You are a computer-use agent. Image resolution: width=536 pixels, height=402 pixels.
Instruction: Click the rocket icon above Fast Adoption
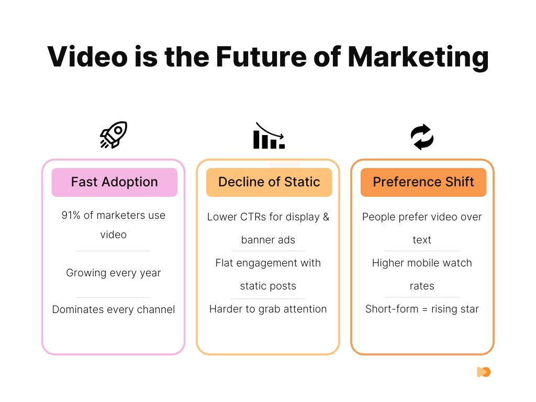[x=114, y=135]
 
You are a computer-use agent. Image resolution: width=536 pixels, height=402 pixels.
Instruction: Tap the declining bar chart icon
[x=269, y=136]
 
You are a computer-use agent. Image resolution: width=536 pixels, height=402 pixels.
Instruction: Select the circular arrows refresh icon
[x=422, y=137]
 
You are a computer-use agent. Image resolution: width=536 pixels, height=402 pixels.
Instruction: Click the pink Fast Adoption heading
[x=114, y=182]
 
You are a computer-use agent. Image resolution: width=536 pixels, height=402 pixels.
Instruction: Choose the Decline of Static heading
[x=269, y=182]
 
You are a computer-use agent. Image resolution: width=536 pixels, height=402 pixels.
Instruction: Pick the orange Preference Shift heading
[x=423, y=182]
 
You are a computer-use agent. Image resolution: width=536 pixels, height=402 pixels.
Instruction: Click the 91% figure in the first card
[x=72, y=215]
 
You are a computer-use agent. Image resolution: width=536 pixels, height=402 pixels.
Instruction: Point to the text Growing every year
[x=114, y=273]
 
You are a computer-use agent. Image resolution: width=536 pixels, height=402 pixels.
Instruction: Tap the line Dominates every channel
[x=114, y=309]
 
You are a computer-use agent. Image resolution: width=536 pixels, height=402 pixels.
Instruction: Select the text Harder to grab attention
[x=268, y=309]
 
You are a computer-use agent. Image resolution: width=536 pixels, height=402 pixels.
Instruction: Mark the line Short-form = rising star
[x=422, y=309]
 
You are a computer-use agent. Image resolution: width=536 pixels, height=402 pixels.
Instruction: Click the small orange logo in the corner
[x=484, y=372]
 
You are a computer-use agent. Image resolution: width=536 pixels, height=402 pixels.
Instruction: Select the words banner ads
[x=268, y=240]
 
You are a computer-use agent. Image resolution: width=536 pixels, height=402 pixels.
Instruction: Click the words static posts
[x=268, y=286]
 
